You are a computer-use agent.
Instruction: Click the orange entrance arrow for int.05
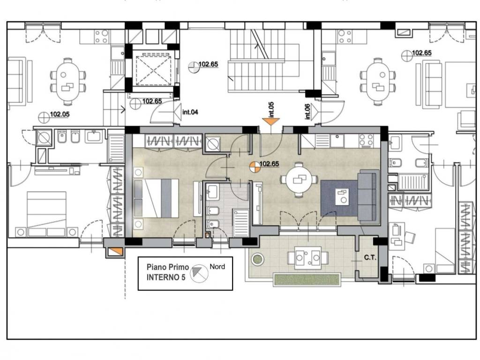tap(271, 121)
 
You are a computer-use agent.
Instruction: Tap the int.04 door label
tap(190, 112)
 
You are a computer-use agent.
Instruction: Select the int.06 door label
tap(307, 112)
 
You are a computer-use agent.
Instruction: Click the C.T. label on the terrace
tap(370, 258)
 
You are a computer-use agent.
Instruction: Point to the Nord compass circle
tap(199, 273)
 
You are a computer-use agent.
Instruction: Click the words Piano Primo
tap(168, 267)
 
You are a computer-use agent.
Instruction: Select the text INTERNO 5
tap(166, 277)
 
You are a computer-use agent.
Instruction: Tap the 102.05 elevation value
tap(60, 114)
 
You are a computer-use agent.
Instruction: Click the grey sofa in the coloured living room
tap(368, 196)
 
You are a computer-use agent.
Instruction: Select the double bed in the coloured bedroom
tap(156, 198)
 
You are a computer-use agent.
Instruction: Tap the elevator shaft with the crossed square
tap(153, 70)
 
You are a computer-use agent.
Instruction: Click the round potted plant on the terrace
tap(257, 259)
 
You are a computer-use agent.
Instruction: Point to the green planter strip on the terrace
tap(307, 279)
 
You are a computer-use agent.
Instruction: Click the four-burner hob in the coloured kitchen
tap(367, 140)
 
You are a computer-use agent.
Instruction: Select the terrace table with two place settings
tap(307, 258)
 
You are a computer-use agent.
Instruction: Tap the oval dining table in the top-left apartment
tap(67, 82)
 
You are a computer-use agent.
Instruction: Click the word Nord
tap(217, 267)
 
